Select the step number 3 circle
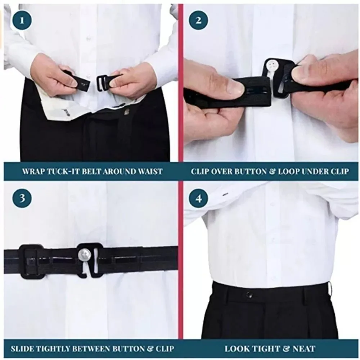click(22, 198)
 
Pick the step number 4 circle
click(198, 198)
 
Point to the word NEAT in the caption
click(304, 348)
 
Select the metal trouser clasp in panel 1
click(127, 112)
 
